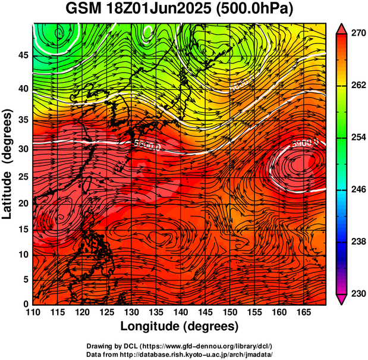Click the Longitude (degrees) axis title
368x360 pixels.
pos(180,326)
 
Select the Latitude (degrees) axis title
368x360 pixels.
pos(8,164)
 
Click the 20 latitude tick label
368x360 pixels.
pos(23,203)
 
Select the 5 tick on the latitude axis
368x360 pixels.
pos(26,278)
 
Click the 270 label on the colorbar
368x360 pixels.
pos(357,34)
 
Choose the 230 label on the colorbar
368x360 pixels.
pos(357,293)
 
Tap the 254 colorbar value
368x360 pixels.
pos(357,137)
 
